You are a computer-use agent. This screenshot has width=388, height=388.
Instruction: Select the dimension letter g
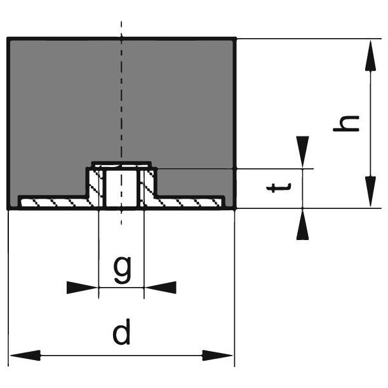click(122, 271)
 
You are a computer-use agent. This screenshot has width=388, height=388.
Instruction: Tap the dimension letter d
click(121, 333)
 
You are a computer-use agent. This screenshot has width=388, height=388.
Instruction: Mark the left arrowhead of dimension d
click(22, 355)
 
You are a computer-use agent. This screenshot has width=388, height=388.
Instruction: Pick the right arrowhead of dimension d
click(221, 355)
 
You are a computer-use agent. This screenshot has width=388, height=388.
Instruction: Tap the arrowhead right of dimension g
click(161, 288)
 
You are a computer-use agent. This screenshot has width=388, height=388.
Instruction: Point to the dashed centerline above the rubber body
click(122, 29)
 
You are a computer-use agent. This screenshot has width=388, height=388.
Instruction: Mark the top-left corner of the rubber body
click(8, 39)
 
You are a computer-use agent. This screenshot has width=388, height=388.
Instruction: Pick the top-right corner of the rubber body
click(235, 39)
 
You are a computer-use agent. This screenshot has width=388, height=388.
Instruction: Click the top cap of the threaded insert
click(122, 164)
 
